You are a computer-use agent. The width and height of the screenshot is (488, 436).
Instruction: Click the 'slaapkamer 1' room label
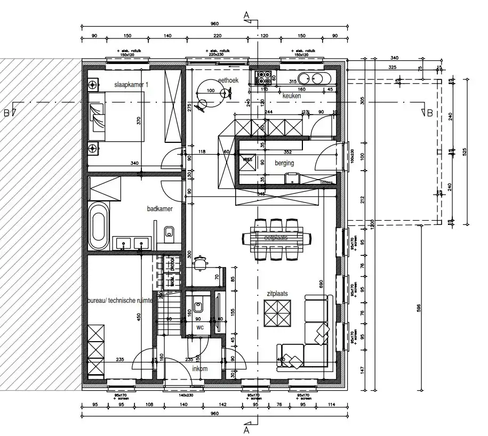[131, 85]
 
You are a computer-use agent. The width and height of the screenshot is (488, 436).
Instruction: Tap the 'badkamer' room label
[160, 209]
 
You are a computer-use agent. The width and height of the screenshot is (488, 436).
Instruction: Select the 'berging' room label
[284, 163]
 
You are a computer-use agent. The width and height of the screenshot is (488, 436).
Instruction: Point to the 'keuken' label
[292, 96]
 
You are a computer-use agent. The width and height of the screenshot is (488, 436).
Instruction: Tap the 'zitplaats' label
[277, 293]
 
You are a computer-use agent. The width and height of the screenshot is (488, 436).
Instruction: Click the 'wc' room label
[200, 327]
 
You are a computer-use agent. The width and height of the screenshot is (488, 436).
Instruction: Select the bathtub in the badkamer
[98, 226]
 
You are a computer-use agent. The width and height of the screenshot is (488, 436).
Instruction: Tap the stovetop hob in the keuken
[263, 78]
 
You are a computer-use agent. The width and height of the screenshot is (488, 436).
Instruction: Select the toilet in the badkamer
[169, 232]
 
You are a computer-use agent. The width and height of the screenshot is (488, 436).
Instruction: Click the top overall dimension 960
[214, 24]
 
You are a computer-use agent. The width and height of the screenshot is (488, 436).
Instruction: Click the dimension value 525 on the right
[466, 152]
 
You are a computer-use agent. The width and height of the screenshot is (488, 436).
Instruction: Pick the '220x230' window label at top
[217, 54]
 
